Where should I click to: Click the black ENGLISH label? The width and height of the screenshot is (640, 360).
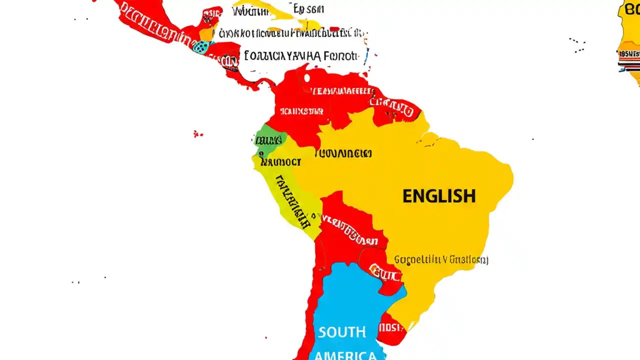(x=439, y=195)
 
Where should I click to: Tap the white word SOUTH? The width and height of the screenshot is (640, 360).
(x=342, y=332)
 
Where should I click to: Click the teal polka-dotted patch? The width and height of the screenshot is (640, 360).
(x=201, y=47)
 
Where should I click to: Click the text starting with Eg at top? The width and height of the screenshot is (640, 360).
(x=308, y=8)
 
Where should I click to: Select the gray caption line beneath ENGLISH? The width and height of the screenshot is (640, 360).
(x=441, y=259)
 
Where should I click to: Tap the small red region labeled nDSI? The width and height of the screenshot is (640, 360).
(x=391, y=327)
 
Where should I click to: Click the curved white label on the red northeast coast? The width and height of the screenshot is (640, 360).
(x=394, y=105)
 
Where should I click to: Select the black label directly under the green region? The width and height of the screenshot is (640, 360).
(x=281, y=162)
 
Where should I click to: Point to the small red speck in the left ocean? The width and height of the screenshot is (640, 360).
(x=197, y=133)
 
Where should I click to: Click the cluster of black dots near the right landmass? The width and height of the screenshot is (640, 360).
(x=577, y=44)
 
